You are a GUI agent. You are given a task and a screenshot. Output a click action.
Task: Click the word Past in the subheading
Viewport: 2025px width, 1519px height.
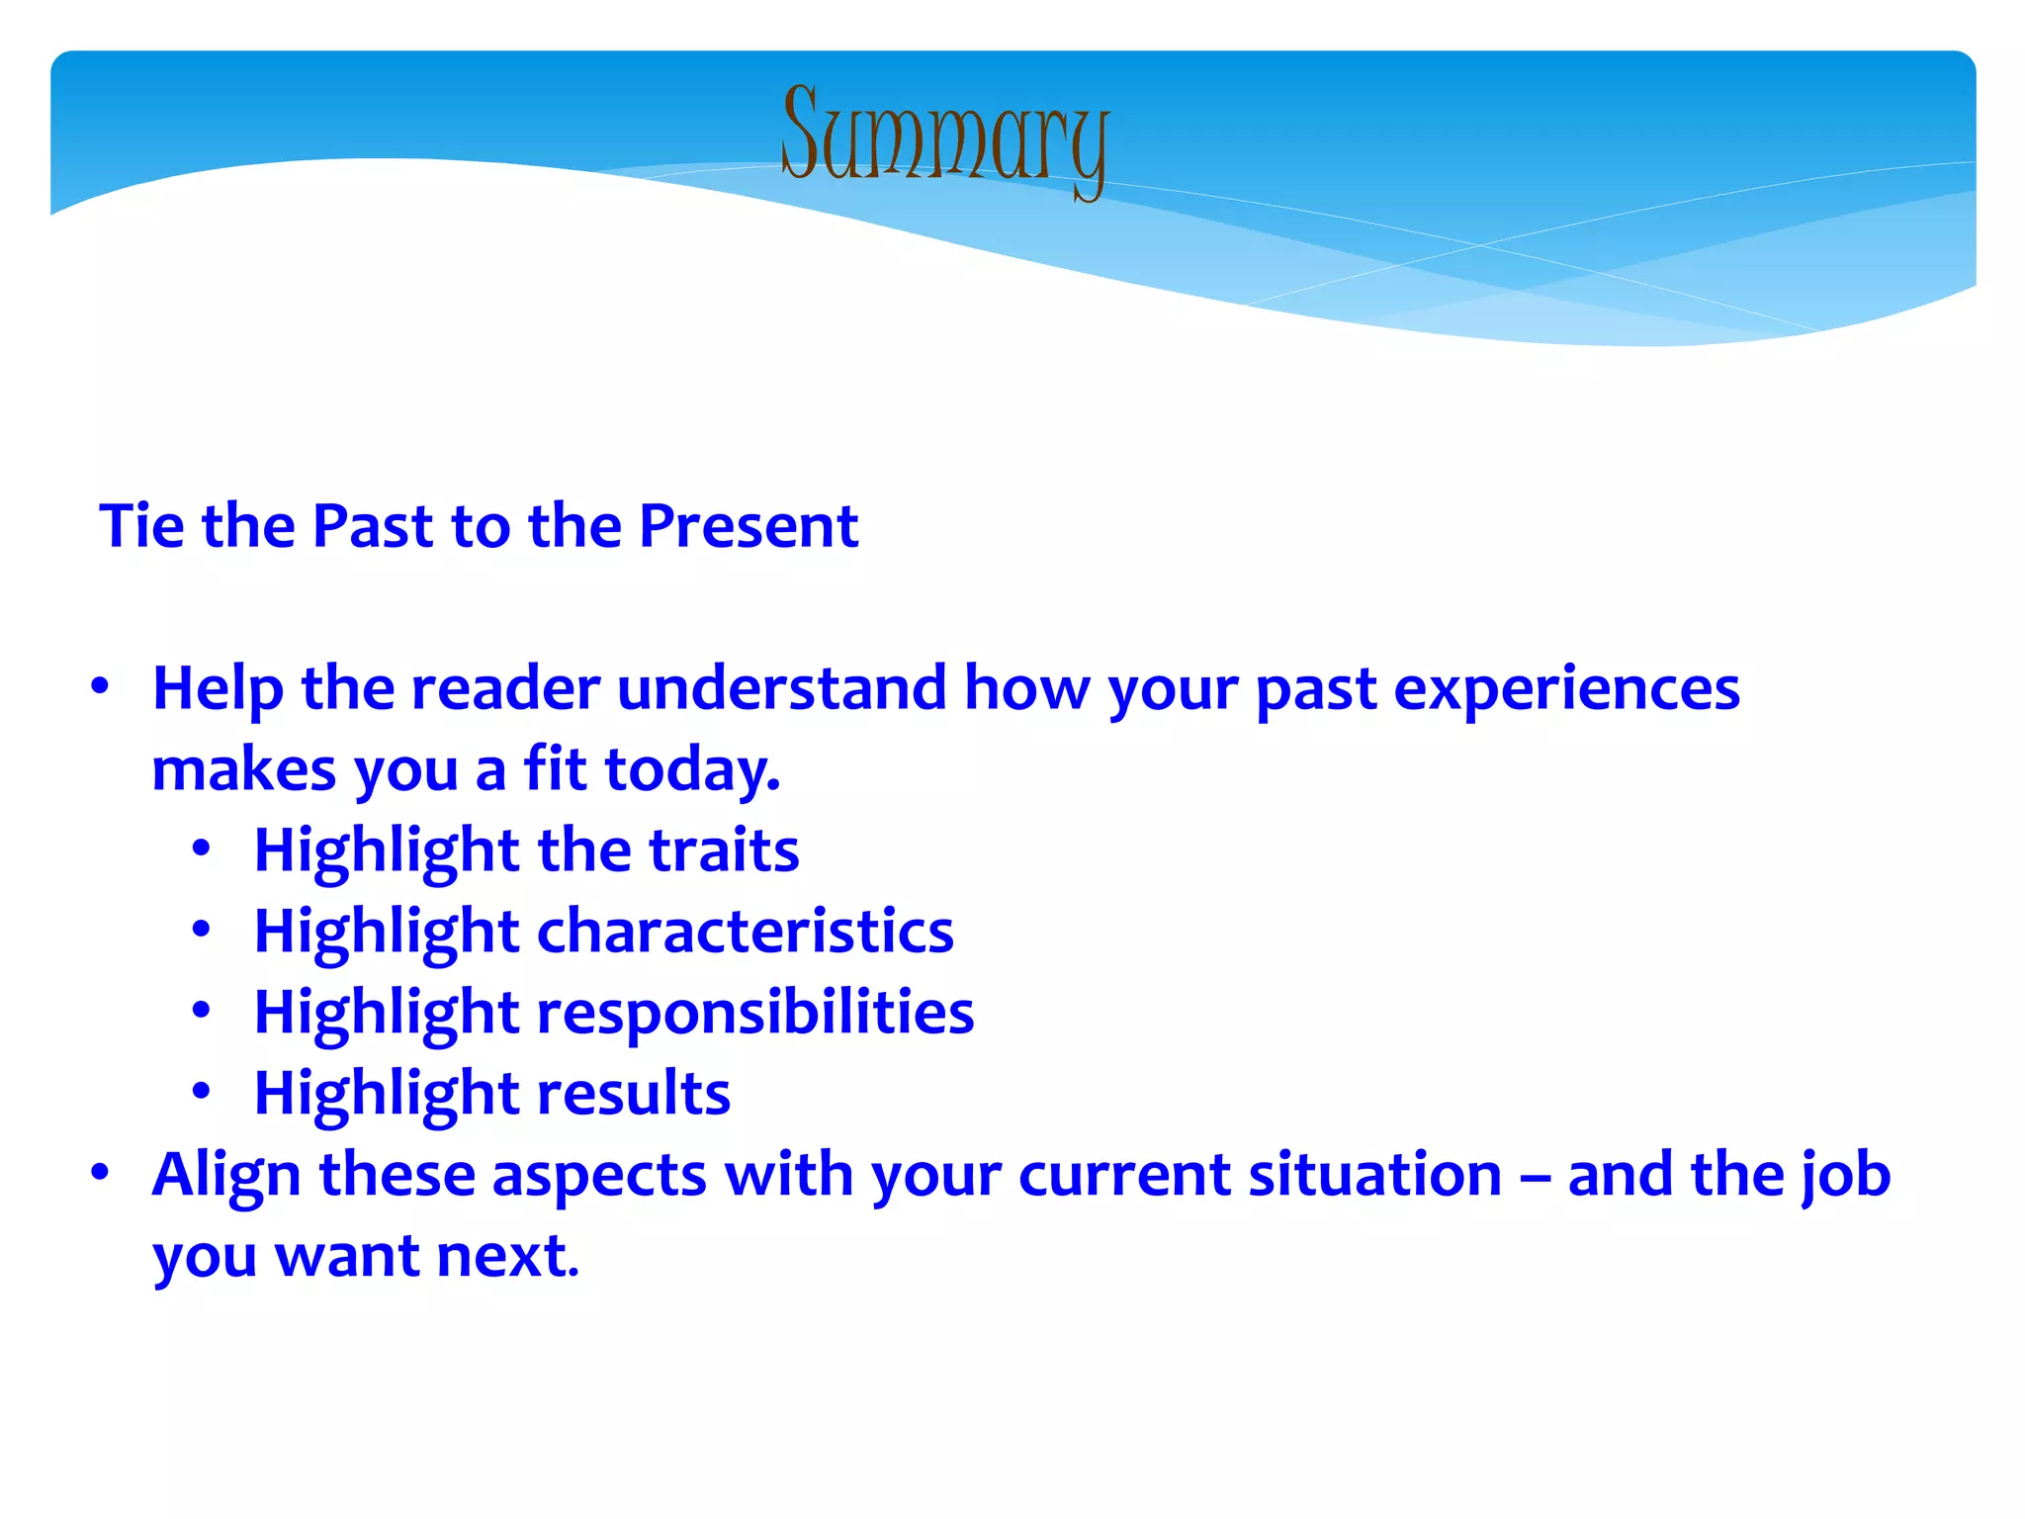[373, 525]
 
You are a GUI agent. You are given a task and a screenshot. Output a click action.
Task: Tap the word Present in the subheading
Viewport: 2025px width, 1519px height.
[748, 525]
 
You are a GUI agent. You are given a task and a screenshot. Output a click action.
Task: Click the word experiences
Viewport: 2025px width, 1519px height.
[1566, 690]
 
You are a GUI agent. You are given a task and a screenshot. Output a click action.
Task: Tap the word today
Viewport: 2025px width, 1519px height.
[692, 769]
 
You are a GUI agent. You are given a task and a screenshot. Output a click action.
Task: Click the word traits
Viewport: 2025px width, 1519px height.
[724, 850]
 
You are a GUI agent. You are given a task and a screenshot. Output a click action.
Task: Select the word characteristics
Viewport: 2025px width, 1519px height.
[745, 932]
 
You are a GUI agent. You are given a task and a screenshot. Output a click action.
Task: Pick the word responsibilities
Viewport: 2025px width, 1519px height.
[755, 1013]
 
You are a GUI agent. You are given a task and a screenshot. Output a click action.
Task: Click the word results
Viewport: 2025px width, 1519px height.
[633, 1094]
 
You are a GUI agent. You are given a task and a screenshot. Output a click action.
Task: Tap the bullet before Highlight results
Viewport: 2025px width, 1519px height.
[202, 1092]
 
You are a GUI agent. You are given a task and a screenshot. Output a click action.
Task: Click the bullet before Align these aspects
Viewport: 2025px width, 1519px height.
[99, 1173]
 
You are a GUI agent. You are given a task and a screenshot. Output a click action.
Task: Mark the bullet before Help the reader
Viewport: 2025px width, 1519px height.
[99, 686]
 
